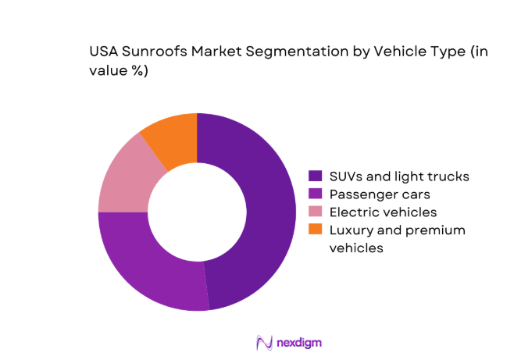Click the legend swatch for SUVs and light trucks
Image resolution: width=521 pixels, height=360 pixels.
[x=315, y=176]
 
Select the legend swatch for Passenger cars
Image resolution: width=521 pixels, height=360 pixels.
[x=315, y=194]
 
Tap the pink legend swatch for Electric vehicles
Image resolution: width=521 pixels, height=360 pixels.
[x=315, y=212]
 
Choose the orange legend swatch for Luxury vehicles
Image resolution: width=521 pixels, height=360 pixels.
[x=315, y=230]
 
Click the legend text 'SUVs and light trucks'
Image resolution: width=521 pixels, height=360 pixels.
[x=399, y=176]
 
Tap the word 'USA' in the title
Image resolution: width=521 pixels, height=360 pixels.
[x=106, y=52]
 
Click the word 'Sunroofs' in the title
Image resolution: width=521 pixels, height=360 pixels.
[x=155, y=52]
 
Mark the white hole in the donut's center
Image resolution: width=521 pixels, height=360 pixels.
[x=197, y=212]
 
